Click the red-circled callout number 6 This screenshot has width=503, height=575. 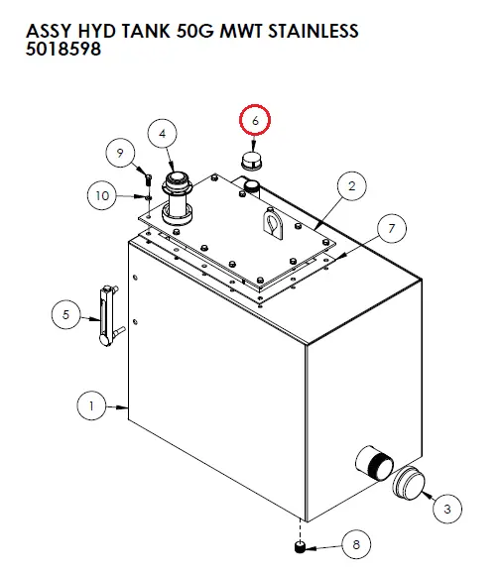coord(255,120)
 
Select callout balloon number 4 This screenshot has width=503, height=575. coord(162,134)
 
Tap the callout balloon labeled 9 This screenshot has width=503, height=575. coord(120,153)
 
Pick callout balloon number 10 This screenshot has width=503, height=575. coord(102,195)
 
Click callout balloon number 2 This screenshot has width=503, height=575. coord(352,186)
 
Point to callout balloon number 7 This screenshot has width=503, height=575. coord(392,228)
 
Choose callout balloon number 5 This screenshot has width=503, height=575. coord(66,314)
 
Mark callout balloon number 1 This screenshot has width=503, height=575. coord(91,405)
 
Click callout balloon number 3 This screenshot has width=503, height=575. coord(447,509)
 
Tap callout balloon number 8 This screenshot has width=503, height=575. coord(356,544)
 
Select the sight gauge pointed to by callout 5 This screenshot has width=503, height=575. coord(108,316)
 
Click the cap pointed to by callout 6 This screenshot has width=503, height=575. coord(251,160)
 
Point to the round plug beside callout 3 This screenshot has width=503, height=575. coord(409,483)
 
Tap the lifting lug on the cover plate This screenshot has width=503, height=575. coord(273,224)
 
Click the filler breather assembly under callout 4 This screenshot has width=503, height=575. coord(178,198)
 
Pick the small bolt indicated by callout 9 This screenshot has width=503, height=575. coord(148,179)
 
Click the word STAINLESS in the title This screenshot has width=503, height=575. coord(313,31)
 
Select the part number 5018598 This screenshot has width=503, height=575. coord(63,49)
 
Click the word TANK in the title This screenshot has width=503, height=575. coord(146,31)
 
